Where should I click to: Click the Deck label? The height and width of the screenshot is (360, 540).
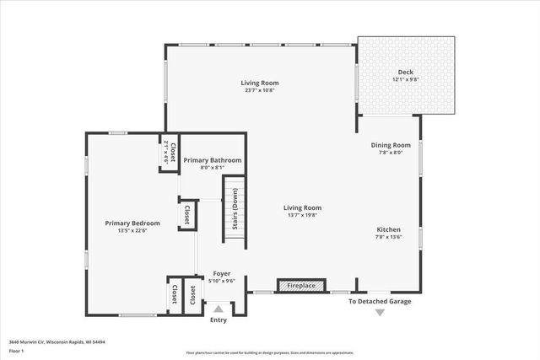pos(406,72)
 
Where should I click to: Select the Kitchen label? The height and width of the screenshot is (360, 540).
pos(388,229)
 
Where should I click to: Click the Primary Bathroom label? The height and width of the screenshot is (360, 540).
pos(213,160)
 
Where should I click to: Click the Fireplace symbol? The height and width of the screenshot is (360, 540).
pos(301,286)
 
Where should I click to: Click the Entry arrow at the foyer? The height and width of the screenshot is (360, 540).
pos(219,309)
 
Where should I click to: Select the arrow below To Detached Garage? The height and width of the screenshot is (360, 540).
pos(380,313)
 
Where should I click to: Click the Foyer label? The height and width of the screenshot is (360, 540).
pos(222,274)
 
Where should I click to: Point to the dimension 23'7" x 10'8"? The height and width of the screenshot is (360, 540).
pos(259,91)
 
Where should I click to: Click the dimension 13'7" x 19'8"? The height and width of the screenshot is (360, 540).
pos(302,216)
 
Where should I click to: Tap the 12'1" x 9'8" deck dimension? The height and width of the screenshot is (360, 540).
pos(406,80)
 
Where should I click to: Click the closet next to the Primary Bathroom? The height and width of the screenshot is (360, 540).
pos(168,153)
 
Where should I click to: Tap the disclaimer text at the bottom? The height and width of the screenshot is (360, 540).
pos(270,352)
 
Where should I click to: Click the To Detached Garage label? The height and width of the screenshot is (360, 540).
pos(381,301)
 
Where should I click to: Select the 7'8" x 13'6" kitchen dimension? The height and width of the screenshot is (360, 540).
pos(388,238)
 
